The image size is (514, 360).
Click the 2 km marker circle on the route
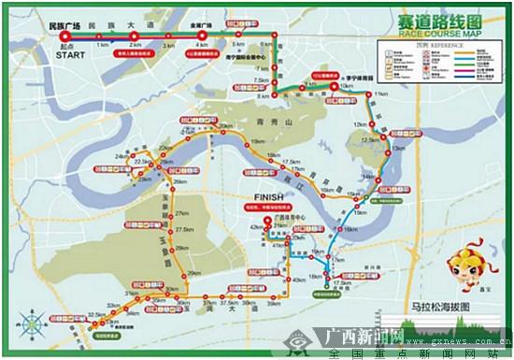(136, 36)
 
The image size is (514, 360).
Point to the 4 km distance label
(202, 45)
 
